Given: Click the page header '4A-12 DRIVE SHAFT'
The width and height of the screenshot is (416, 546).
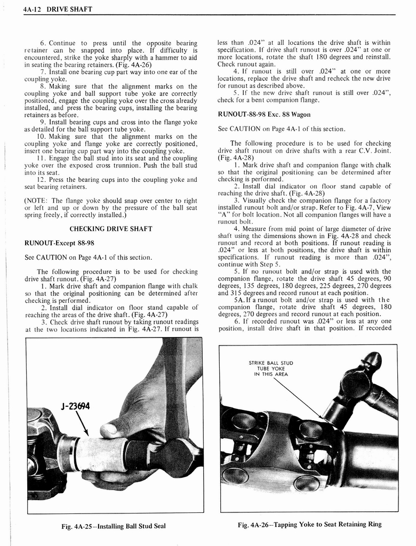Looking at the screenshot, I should [x=58, y=9].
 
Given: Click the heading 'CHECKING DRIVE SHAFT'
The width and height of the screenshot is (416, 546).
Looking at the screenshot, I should [x=111, y=229].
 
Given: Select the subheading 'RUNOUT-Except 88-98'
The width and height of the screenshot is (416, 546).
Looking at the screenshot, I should [x=59, y=243].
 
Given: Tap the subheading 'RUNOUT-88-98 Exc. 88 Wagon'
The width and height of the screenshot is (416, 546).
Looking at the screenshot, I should [x=264, y=114].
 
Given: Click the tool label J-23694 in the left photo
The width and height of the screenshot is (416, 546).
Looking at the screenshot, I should [x=76, y=406].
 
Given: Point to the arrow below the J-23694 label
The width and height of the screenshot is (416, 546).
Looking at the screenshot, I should [x=82, y=425].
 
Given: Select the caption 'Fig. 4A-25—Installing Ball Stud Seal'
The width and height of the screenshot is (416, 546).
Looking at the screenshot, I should [x=114, y=526].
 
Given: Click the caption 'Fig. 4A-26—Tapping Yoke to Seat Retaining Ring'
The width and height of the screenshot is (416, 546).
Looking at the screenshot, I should [x=309, y=525].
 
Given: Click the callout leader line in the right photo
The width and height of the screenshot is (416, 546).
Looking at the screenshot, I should [x=299, y=397].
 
